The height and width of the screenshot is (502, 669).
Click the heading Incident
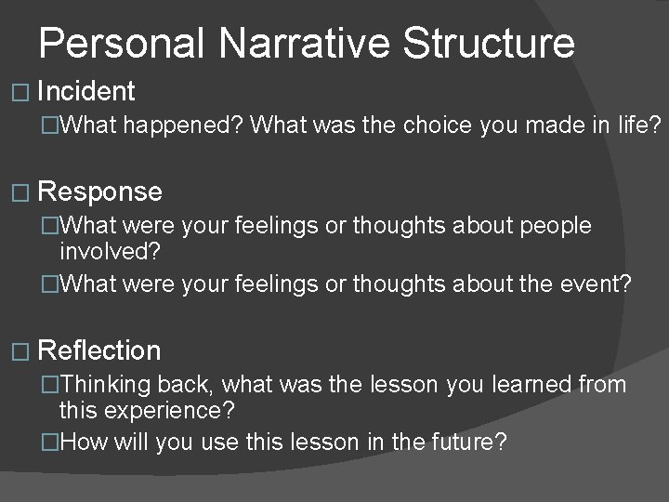click(87, 91)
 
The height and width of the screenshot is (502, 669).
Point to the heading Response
click(100, 192)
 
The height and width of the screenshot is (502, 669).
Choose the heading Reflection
click(100, 350)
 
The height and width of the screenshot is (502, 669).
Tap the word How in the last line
click(84, 442)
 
